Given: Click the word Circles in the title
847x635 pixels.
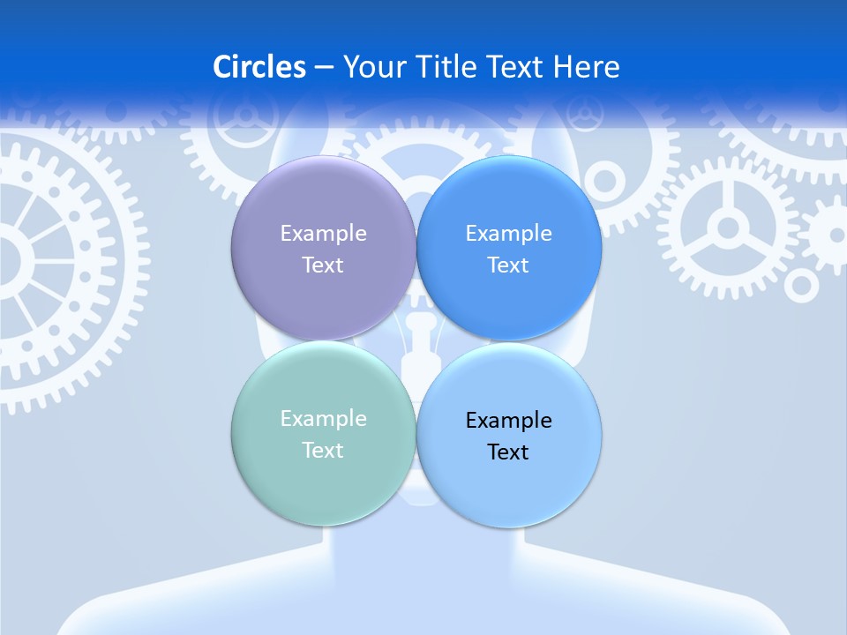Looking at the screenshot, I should [259, 67].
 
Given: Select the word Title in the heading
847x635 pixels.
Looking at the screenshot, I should [452, 67].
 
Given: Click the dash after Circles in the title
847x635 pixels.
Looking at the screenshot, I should [324, 68].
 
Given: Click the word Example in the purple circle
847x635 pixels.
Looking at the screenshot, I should [323, 234].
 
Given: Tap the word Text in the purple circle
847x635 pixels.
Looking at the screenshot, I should [323, 265].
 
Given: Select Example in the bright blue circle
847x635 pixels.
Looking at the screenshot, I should [508, 234].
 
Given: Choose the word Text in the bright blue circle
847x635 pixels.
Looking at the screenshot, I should [508, 265].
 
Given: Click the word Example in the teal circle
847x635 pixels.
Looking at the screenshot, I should [323, 419].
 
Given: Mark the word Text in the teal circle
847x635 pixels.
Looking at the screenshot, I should [323, 450].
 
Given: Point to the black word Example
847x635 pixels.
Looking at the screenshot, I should [508, 421].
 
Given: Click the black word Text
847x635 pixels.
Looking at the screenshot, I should [508, 452].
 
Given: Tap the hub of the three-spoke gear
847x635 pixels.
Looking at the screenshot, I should [728, 228].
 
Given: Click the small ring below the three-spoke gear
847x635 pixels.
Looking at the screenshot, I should [801, 285].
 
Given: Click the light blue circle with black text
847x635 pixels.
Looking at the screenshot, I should [509, 476].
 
